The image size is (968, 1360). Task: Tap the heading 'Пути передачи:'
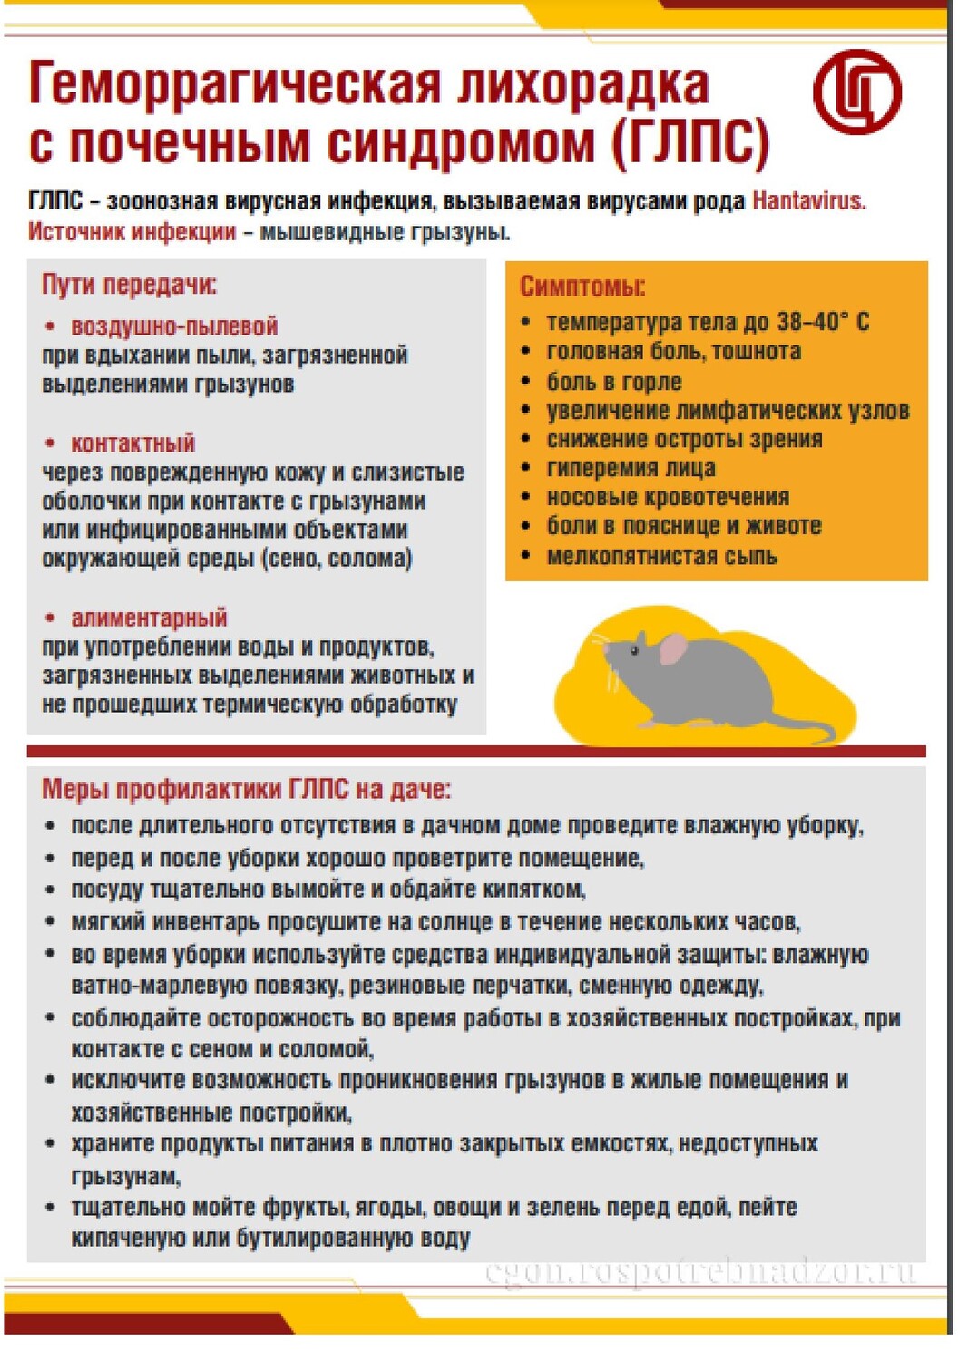[x=129, y=285]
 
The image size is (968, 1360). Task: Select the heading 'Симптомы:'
[x=582, y=287]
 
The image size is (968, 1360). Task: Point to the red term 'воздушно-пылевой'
[x=174, y=326]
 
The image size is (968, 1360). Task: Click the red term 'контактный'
[x=132, y=443]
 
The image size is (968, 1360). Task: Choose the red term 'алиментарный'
[x=149, y=617]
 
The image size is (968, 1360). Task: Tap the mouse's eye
[x=635, y=650]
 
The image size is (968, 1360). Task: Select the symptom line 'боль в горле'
[x=613, y=382]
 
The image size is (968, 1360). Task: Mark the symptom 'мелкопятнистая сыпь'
[x=661, y=556]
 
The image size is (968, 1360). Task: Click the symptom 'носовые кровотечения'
[x=668, y=497]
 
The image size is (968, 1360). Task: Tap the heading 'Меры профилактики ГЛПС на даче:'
[x=246, y=789]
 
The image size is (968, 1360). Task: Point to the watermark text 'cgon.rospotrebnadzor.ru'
[x=699, y=1271]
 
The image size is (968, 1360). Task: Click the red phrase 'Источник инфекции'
[x=132, y=232]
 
